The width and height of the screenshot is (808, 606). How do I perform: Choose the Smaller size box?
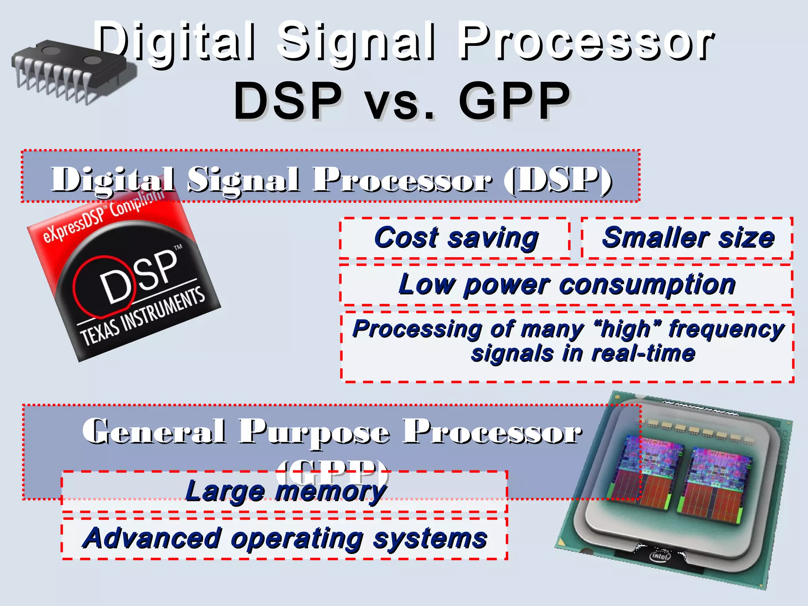[x=688, y=238]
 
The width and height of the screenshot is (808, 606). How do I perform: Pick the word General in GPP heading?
[x=154, y=431]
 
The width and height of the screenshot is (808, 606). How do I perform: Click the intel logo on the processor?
[x=660, y=556]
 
